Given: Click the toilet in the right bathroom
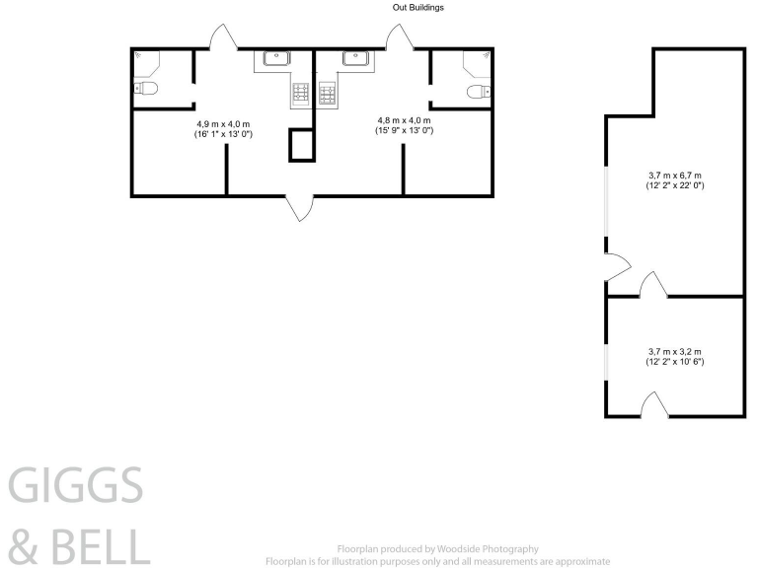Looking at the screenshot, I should [x=476, y=92].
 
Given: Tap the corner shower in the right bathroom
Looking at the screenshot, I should [x=484, y=58].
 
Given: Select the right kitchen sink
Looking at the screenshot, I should [x=354, y=59].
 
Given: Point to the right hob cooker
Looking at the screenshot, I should [x=329, y=94].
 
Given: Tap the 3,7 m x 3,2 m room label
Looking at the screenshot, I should [x=675, y=357].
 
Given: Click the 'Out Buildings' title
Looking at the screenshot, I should [x=418, y=8].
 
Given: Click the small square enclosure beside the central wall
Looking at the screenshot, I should [x=300, y=145].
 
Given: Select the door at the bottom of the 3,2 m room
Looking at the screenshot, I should [x=653, y=404].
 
